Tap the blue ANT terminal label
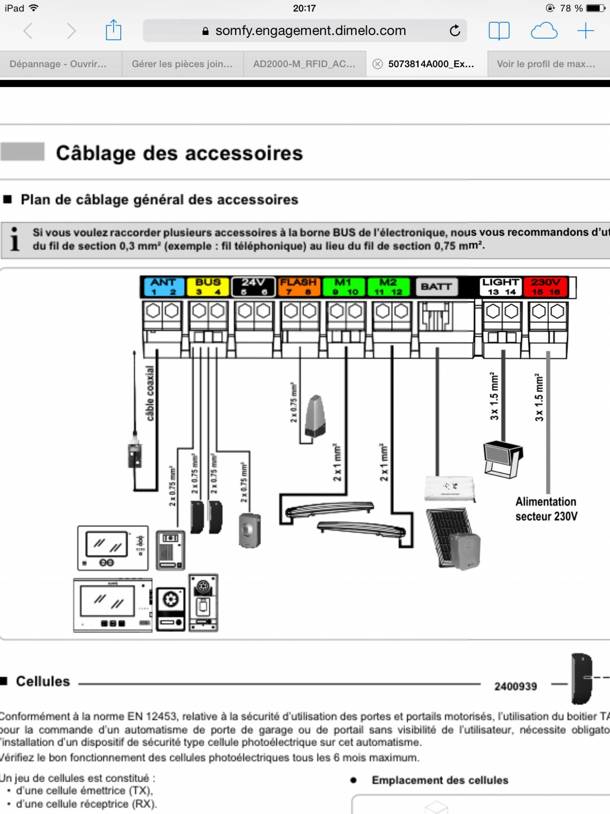click(163, 287)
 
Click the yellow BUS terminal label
click(208, 287)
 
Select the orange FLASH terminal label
click(298, 287)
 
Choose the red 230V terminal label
click(546, 287)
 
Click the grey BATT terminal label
click(436, 287)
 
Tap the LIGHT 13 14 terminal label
click(501, 287)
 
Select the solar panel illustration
click(447, 535)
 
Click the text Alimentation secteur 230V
click(546, 509)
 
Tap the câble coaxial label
click(150, 393)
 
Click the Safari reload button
click(455, 31)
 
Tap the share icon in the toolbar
click(113, 31)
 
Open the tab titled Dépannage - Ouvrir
click(58, 64)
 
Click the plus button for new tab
click(585, 31)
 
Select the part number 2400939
click(515, 686)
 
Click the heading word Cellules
click(43, 681)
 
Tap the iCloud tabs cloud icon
click(544, 31)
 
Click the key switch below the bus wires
click(249, 530)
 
